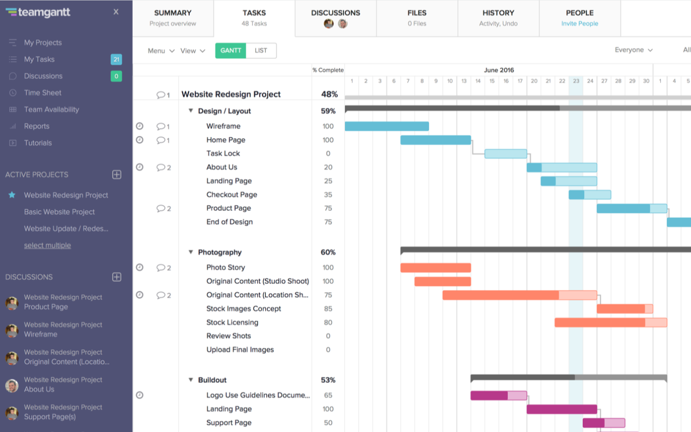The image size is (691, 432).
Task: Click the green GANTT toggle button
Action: [x=231, y=51]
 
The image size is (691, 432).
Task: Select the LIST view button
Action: [x=261, y=51]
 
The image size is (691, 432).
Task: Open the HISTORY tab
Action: [x=498, y=18]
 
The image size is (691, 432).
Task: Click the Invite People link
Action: [x=579, y=23]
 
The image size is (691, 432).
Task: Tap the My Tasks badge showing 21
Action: [x=116, y=60]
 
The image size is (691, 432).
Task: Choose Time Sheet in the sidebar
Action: [x=42, y=93]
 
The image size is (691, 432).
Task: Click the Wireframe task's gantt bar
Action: [x=387, y=126]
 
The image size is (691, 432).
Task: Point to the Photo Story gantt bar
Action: [x=435, y=268]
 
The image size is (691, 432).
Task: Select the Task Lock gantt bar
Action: [x=505, y=154]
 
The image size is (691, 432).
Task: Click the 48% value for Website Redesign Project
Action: [x=329, y=94]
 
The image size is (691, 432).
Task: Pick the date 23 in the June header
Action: [x=576, y=81]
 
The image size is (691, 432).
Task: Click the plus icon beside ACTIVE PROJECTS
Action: [x=116, y=175]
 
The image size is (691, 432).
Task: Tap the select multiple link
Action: [x=47, y=246]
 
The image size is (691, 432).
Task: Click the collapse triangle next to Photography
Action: [x=191, y=252]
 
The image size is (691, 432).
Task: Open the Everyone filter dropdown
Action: [x=633, y=50]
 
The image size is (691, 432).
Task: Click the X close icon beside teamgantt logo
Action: [x=116, y=12]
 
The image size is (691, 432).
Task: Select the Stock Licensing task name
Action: [x=232, y=322]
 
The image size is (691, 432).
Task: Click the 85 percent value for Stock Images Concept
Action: [x=328, y=308]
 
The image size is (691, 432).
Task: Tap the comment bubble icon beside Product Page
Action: [x=161, y=208]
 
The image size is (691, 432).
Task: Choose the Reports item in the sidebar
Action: [x=37, y=126]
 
